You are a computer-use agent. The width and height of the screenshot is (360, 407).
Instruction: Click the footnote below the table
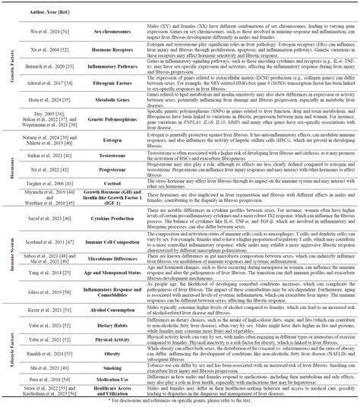click(x=180, y=401)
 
